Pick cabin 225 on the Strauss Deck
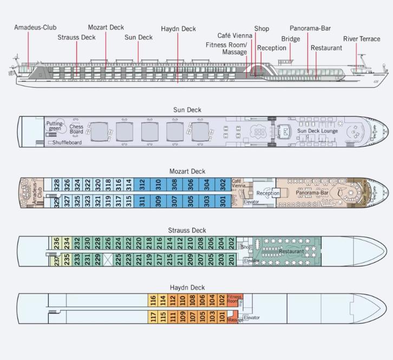119,258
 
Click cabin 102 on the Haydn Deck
221,300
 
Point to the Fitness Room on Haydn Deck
234,299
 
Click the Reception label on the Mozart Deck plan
268,193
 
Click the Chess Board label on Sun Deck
76,129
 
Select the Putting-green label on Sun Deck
55,126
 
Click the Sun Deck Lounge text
317,131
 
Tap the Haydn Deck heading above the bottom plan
187,287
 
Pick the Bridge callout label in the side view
291,39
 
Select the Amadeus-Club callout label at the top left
35,27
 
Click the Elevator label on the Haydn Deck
252,318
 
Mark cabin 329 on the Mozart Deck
56,202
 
